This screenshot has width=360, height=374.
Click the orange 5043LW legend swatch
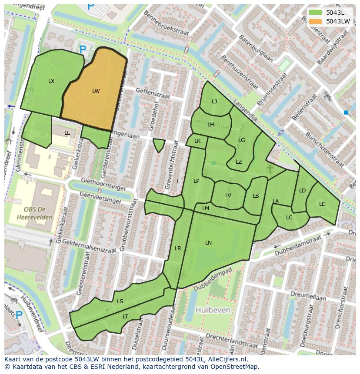point(316,21)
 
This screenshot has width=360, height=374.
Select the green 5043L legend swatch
point(316,13)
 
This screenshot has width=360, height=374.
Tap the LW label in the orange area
point(96,91)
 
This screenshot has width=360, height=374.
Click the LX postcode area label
point(51,81)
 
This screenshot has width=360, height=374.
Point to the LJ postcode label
point(214,102)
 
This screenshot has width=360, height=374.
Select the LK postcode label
point(197,141)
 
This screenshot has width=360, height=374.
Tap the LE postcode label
point(322,204)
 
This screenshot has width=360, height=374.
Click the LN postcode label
point(209,243)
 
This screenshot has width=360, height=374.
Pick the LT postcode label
point(125,317)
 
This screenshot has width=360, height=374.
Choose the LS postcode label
point(120,301)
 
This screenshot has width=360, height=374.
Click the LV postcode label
point(228,195)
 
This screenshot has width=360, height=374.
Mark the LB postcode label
point(256,196)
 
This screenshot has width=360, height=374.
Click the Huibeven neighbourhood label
point(213,310)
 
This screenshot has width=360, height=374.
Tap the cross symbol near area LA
point(270,169)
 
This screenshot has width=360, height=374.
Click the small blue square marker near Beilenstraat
point(346,113)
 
